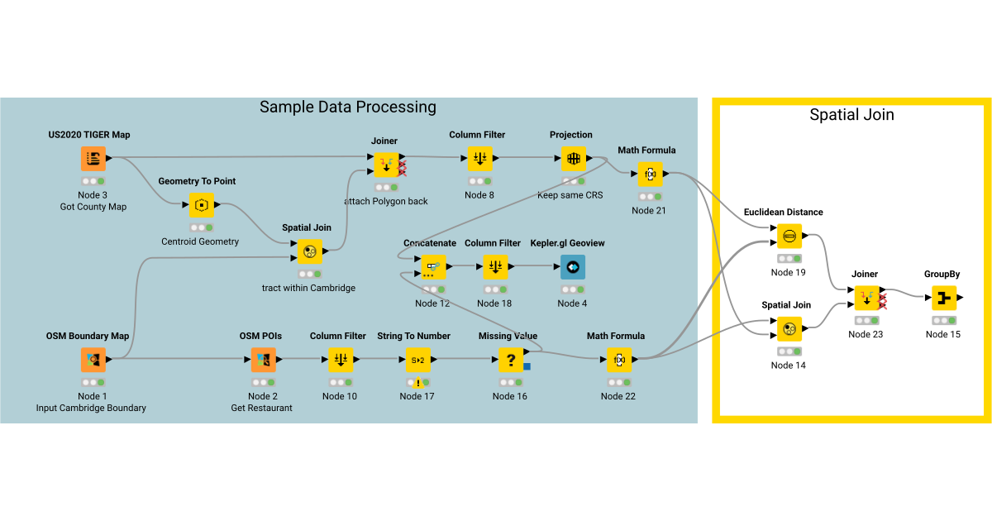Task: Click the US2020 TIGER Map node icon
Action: pos(93,158)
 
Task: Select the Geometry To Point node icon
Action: pos(202,204)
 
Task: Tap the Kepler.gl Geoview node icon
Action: pos(572,266)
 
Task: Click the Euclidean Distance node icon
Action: pos(789,237)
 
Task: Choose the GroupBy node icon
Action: pos(943,298)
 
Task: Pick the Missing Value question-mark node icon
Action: pos(510,360)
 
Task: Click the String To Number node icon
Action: pos(418,360)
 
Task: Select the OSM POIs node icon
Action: pos(264,360)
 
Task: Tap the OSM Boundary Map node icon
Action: pos(93,360)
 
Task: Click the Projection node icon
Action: pos(573,158)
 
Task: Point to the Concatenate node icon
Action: pos(432,266)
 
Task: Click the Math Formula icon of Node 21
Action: pos(650,174)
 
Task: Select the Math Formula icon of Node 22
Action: pos(619,360)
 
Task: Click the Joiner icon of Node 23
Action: pos(866,298)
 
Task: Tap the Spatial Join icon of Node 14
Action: pos(789,329)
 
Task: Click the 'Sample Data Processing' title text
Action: pos(348,107)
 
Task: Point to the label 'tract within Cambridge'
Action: pos(308,288)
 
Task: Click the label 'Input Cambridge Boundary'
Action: pos(91,408)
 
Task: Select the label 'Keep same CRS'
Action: pos(570,195)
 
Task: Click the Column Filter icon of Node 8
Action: pos(479,158)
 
